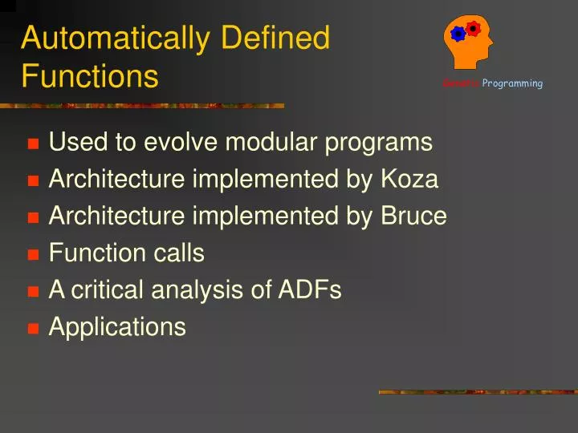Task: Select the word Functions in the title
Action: click(90, 77)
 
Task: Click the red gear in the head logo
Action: click(474, 29)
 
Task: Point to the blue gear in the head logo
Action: click(458, 34)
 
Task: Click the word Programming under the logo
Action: click(512, 83)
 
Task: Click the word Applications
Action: click(117, 327)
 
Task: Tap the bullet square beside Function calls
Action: click(33, 255)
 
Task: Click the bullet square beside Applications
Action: click(33, 329)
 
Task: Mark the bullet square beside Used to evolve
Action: click(33, 144)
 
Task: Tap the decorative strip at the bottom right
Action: click(478, 392)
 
